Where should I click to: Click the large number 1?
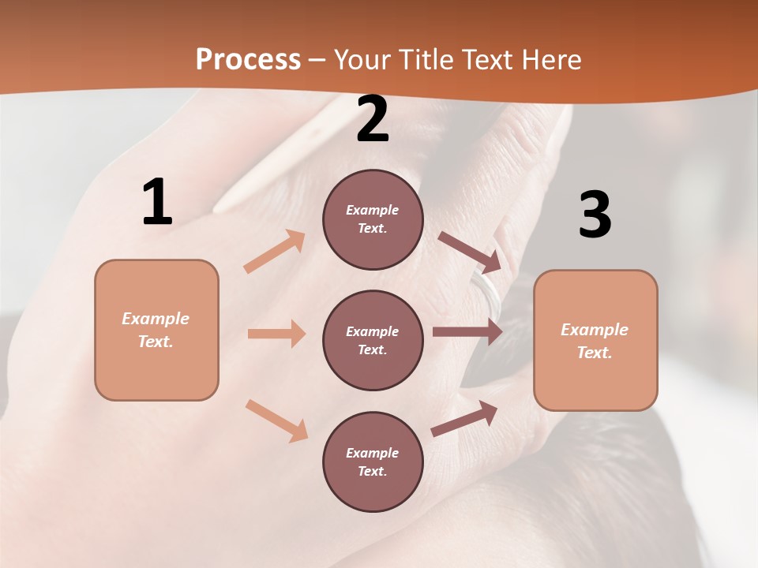[x=157, y=203]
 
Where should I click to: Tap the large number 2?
[x=373, y=120]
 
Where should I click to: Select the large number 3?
[x=595, y=215]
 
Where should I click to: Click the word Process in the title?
[x=248, y=59]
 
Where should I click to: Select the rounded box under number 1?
[x=156, y=330]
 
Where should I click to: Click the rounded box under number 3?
[x=595, y=340]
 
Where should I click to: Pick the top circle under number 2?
[x=373, y=219]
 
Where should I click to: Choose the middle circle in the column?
[x=373, y=340]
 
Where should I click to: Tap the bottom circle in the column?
[x=373, y=461]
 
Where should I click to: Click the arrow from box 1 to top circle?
[x=275, y=252]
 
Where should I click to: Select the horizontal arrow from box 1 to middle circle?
[x=276, y=334]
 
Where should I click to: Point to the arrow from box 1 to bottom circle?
[x=276, y=420]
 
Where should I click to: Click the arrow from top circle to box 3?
[x=470, y=251]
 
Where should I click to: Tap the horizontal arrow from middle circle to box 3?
[x=467, y=332]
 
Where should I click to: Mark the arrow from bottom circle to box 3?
[x=465, y=418]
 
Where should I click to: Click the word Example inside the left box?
[x=156, y=319]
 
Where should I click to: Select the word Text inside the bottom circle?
[x=372, y=471]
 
